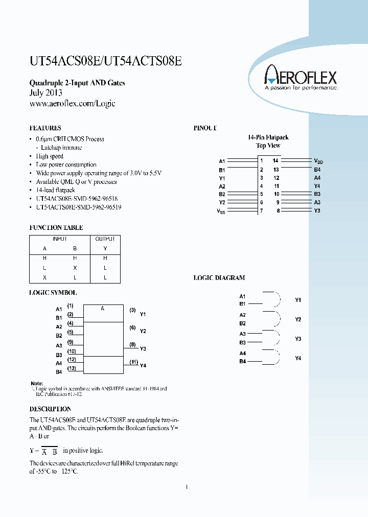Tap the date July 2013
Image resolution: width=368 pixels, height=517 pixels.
coord(46,93)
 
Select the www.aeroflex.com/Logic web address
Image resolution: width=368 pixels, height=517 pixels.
coord(73,103)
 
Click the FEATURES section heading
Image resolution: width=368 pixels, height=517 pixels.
coord(45,128)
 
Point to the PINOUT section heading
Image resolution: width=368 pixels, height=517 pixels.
coord(205,128)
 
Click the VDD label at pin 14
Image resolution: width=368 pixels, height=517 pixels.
coord(318,161)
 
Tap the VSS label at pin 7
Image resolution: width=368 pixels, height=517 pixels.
coord(220,211)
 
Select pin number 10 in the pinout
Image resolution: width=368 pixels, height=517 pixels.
coord(276,194)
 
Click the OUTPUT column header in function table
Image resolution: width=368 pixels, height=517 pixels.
coord(105,239)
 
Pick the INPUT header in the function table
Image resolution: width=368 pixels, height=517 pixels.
coord(60,239)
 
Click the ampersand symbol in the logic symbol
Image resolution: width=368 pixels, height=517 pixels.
coord(103,309)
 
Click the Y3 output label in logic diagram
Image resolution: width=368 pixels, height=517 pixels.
coord(298,339)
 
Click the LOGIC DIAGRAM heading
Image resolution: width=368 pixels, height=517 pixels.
coord(219,278)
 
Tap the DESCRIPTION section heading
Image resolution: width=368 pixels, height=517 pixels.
coord(50,409)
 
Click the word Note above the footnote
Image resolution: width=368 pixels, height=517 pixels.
coord(37,383)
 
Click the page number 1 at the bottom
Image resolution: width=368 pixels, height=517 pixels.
coord(187,487)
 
